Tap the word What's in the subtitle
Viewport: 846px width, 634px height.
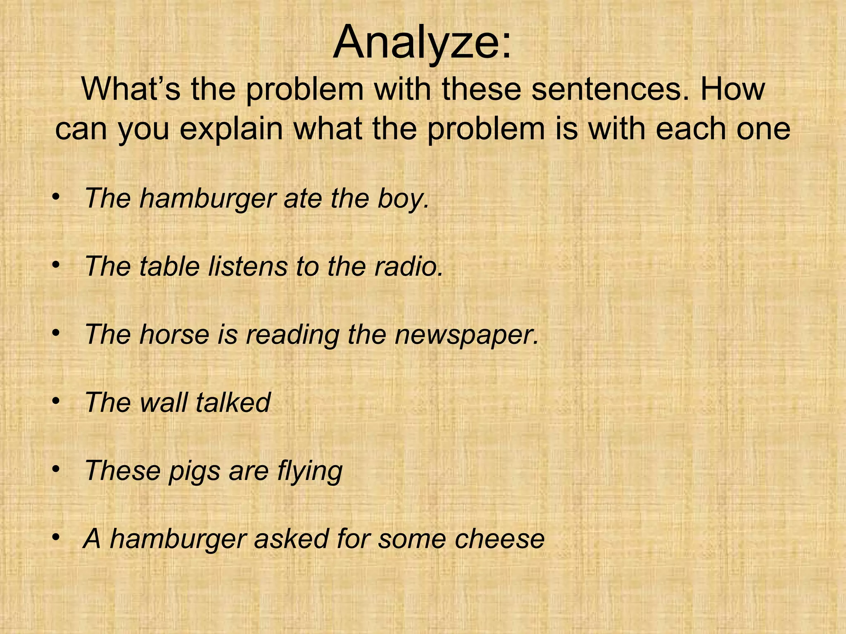pos(131,89)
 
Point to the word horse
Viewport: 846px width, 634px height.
pos(174,334)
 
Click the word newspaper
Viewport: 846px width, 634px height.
pos(467,334)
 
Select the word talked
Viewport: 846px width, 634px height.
pos(233,402)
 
